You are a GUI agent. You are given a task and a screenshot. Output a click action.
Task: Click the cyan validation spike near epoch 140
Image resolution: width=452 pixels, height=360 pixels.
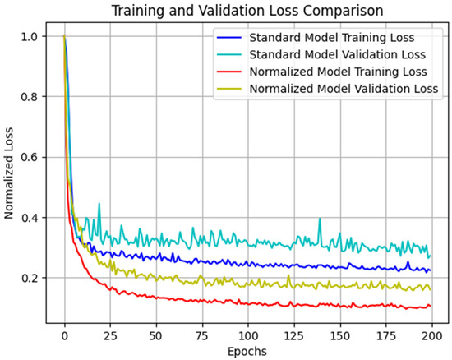320,219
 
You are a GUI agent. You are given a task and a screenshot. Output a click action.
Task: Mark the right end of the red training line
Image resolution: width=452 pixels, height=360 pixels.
429,307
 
